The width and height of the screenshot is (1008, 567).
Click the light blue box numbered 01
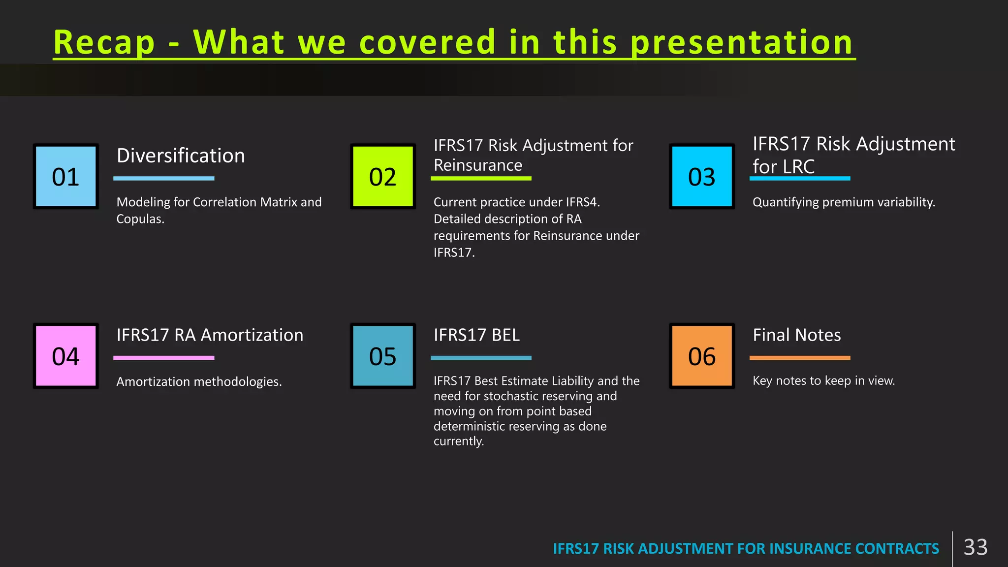pos(66,176)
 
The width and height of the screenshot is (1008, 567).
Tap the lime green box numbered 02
pos(383,176)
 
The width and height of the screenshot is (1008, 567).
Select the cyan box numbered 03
pos(702,176)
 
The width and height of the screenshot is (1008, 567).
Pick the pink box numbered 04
pos(66,356)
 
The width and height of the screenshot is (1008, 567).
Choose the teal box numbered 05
pos(383,356)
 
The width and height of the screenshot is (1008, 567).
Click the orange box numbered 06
pos(702,356)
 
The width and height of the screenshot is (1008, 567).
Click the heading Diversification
pos(181,156)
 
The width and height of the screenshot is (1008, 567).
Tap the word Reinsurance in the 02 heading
pos(478,165)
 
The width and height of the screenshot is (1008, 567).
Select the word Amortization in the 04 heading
pos(252,335)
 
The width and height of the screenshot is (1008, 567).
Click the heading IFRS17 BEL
pos(476,335)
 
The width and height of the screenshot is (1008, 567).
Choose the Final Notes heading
pos(797,335)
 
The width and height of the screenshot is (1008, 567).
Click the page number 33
pos(976,547)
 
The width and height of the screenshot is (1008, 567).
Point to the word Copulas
pos(140,219)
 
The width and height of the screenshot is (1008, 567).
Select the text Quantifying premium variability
pos(844,202)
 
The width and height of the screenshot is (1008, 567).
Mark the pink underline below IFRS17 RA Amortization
pos(164,358)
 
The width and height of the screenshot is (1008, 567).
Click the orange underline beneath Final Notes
pos(800,358)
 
